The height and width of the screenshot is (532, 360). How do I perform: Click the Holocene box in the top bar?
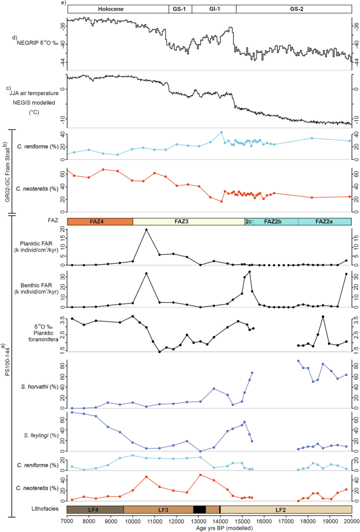pos(117,9)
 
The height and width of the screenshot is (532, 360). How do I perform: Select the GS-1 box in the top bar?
pos(180,9)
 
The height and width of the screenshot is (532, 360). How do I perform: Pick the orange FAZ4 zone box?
pos(99,222)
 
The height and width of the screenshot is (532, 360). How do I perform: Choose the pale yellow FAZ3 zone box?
pos(189,222)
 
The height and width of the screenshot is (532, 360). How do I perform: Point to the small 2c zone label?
pos(249,222)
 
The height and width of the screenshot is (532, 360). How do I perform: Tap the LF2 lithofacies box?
pos(286,509)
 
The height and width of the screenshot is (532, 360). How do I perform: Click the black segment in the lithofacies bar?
pos(200,509)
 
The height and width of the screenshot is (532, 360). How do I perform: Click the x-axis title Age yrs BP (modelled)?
pos(209,528)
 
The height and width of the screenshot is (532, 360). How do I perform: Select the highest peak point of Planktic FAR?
pos(146,230)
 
